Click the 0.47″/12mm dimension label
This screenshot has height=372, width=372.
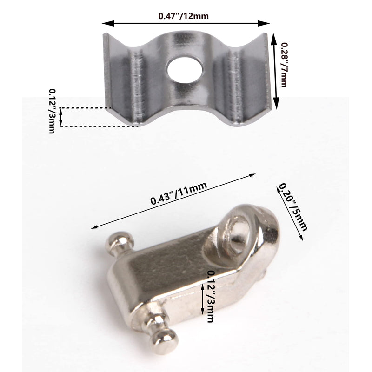click(x=183, y=16)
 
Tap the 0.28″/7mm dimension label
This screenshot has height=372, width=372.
click(x=284, y=65)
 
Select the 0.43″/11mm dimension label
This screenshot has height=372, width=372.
click(x=179, y=193)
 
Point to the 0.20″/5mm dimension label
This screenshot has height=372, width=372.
click(x=293, y=207)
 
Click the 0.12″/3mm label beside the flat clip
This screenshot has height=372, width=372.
click(x=52, y=111)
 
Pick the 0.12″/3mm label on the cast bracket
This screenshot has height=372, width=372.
click(x=210, y=296)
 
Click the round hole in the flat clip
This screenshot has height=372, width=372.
click(x=185, y=70)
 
